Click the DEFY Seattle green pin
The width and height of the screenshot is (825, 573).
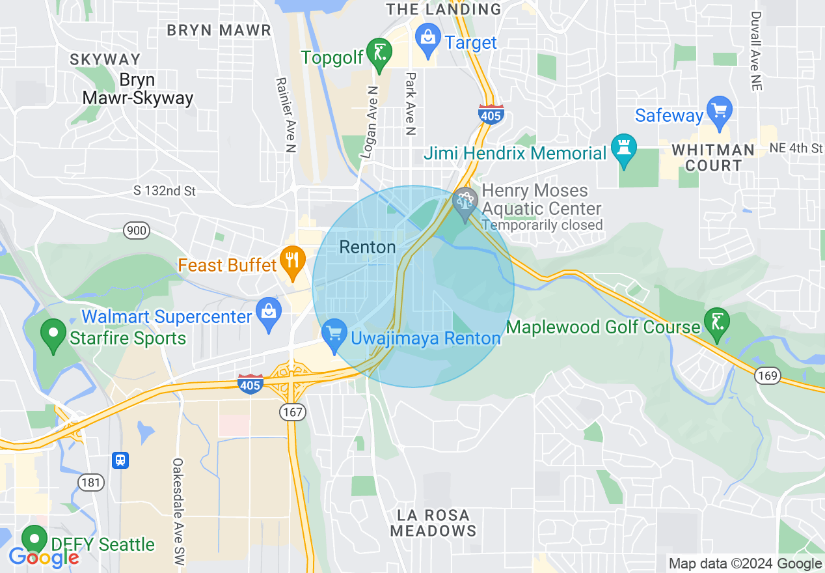coord(34,540)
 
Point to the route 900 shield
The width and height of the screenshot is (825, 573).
coord(137,230)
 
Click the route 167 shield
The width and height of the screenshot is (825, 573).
coord(290,412)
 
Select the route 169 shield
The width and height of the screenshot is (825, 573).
coord(768,376)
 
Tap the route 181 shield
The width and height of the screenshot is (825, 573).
coord(90,482)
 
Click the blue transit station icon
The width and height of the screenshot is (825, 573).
coord(120,460)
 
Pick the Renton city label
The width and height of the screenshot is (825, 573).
coord(368,247)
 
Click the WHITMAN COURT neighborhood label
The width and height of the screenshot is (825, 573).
coord(713,158)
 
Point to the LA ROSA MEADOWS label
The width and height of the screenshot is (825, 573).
coord(433,523)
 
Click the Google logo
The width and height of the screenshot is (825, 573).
coord(44,557)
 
